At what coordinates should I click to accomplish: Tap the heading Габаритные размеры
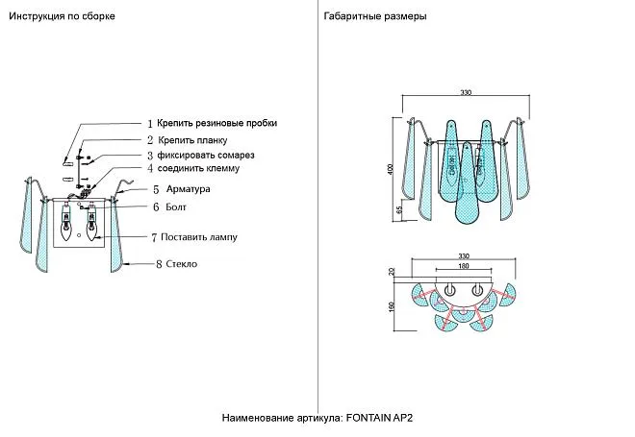point(376,17)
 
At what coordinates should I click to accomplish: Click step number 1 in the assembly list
point(149,124)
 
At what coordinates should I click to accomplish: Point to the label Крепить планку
point(192,140)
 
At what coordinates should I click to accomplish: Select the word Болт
point(175,206)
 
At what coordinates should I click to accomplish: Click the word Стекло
point(182,264)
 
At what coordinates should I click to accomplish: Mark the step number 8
point(158,264)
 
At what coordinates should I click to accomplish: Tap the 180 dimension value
point(463,266)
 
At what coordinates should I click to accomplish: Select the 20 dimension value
point(392,273)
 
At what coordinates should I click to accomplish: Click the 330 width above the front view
point(465,93)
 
